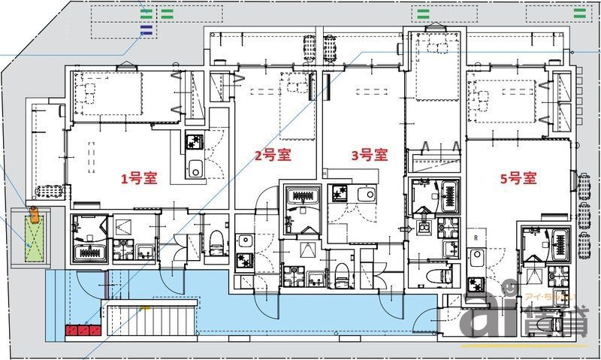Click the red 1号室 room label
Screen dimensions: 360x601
(140, 179)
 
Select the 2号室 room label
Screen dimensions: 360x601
(272, 156)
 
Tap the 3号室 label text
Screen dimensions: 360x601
(369, 156)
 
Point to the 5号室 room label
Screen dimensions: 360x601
(518, 178)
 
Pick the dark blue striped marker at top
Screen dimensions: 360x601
(146, 30)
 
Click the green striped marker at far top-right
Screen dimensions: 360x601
(580, 13)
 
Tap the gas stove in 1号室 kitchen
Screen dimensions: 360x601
(193, 140)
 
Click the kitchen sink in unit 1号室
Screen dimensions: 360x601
(195, 170)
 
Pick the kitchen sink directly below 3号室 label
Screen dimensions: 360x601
(366, 194)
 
